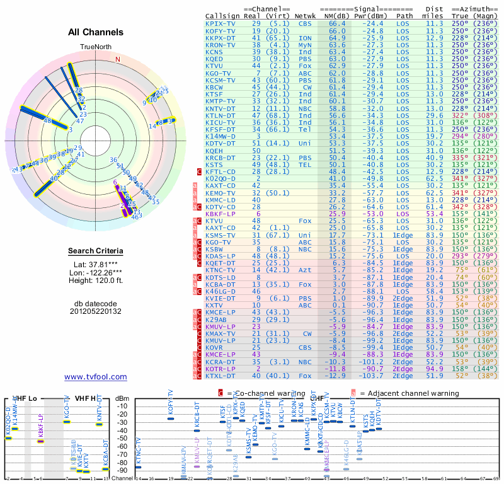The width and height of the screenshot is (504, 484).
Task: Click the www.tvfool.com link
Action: click(96, 377)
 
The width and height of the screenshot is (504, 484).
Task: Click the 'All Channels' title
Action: click(96, 32)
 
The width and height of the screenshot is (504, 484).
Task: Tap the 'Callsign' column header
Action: click(222, 15)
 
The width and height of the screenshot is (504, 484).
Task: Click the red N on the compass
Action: click(117, 59)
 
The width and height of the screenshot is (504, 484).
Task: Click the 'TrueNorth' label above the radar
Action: click(95, 47)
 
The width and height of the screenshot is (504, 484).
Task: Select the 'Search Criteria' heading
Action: click(96, 251)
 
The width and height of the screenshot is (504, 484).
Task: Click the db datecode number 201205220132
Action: click(96, 311)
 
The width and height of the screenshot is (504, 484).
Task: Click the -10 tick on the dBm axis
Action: click(122, 406)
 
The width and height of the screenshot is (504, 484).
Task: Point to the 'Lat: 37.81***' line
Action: click(96, 265)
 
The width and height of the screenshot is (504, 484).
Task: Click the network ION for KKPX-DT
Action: click(305, 37)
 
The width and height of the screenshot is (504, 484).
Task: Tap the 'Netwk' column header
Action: click(306, 15)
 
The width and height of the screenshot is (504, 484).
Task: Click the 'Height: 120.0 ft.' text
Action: click(96, 283)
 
